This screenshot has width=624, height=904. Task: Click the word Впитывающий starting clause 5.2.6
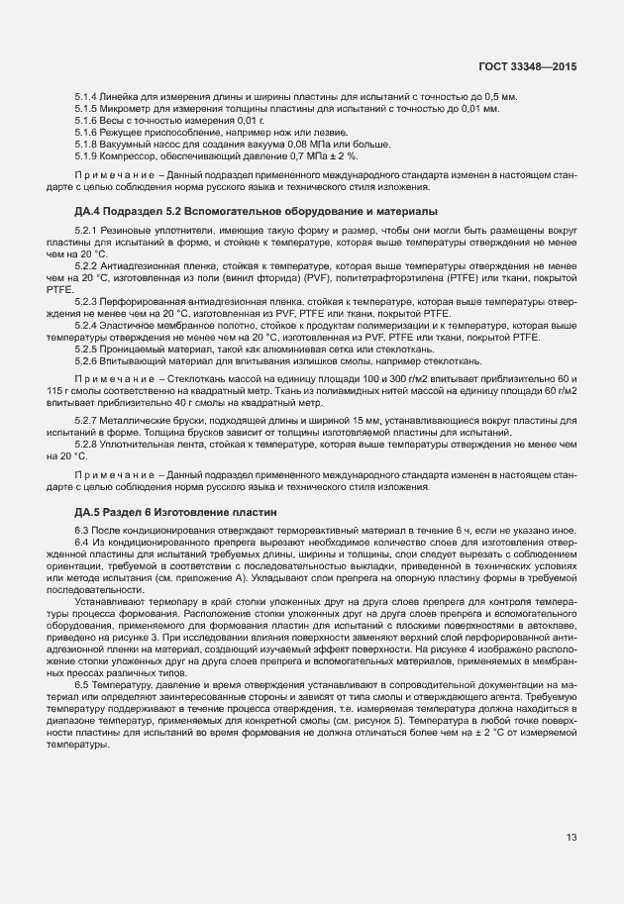click(x=127, y=360)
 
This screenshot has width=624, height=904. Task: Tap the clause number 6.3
click(x=82, y=531)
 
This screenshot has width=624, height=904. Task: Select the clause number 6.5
click(x=82, y=686)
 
